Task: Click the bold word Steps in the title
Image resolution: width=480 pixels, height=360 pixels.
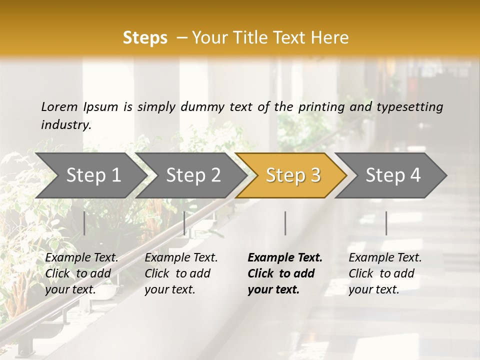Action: (145, 38)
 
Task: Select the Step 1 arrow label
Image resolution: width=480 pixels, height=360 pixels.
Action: (93, 175)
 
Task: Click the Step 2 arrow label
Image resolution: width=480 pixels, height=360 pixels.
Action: (193, 175)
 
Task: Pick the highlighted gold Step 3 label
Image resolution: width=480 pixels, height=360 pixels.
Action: (293, 175)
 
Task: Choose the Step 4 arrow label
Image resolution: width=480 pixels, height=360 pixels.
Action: (393, 175)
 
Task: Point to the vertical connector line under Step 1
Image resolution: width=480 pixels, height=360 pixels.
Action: (84, 223)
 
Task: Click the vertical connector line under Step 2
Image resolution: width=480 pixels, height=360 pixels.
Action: (184, 223)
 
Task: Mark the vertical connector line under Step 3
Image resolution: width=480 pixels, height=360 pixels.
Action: (285, 223)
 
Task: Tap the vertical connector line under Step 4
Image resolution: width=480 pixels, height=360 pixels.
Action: (386, 223)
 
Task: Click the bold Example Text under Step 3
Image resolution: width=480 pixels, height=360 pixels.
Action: (285, 258)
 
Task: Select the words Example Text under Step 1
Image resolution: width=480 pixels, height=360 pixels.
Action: (81, 258)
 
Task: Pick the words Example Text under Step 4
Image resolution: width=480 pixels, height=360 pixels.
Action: (385, 258)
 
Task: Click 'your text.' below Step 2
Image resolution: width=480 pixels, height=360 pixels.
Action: (169, 289)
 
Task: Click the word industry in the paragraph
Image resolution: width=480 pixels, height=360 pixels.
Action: (66, 125)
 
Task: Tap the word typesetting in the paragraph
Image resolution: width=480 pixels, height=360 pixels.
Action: (409, 107)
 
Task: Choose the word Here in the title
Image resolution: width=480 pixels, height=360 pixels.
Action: (332, 38)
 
